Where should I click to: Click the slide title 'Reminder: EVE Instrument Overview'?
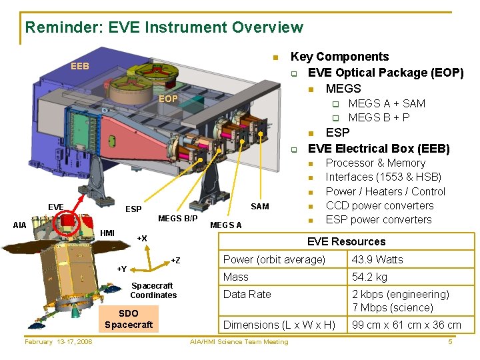click(164, 27)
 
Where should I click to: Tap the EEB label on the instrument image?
click(80, 66)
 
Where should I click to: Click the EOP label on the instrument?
click(167, 99)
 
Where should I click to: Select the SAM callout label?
click(259, 206)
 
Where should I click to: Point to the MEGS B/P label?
click(177, 219)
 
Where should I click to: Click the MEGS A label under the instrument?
click(226, 225)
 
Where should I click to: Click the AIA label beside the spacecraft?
click(20, 225)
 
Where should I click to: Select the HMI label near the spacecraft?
click(107, 232)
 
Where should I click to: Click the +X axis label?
click(141, 238)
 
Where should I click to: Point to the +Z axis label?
click(175, 259)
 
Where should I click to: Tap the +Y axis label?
click(121, 269)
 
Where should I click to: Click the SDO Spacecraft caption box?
click(129, 319)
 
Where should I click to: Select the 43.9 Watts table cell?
click(377, 259)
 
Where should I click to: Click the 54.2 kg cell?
click(369, 277)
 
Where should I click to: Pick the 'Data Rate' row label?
click(247, 294)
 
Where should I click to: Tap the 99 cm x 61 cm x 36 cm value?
click(406, 325)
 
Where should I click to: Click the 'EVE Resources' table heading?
click(346, 241)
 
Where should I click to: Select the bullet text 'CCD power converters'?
click(379, 205)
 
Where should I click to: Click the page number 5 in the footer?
click(451, 342)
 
